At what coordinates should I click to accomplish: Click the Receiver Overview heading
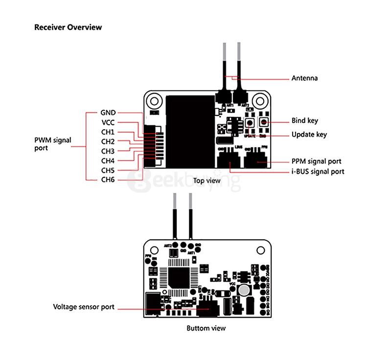(68, 27)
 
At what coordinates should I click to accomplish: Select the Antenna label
(304, 78)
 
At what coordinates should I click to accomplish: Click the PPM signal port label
(316, 161)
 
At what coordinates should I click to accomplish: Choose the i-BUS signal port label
(318, 172)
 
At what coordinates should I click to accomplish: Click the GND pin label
(108, 113)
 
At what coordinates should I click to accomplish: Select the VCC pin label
(108, 123)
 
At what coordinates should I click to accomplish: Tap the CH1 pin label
(108, 132)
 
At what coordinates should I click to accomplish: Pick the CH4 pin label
(108, 161)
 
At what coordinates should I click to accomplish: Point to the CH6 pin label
(108, 180)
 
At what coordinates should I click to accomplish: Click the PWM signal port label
(52, 144)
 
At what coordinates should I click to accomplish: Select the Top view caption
(206, 180)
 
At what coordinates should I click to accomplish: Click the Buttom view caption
(206, 328)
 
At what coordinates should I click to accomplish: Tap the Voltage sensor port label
(84, 307)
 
